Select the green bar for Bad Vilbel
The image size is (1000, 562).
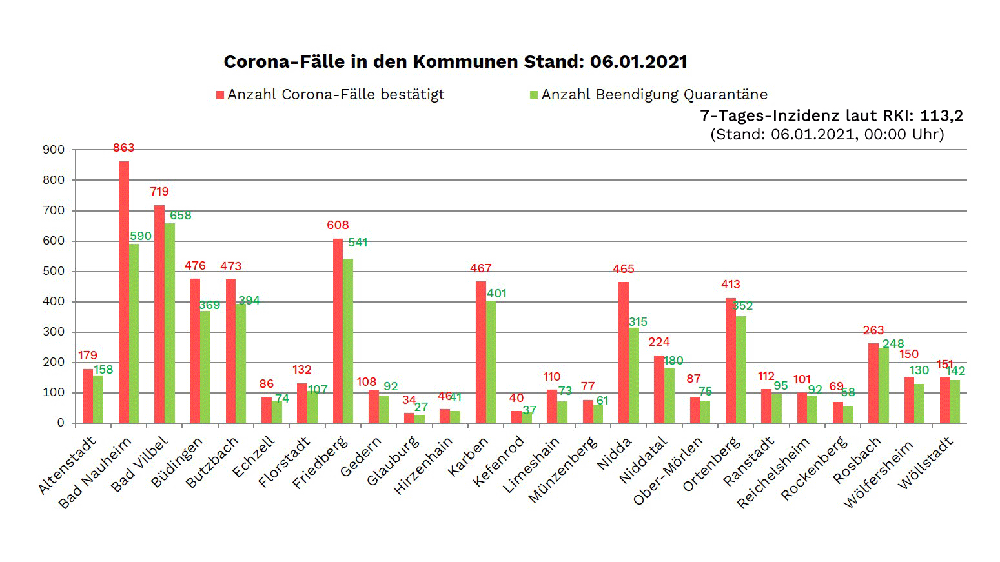pyautogui.click(x=170, y=323)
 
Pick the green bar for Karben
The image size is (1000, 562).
pyautogui.click(x=491, y=362)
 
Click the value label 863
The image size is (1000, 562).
pyautogui.click(x=123, y=148)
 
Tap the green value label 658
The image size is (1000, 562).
pyautogui.click(x=181, y=216)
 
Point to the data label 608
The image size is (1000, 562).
pyautogui.click(x=338, y=225)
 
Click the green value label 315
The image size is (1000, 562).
pyautogui.click(x=638, y=322)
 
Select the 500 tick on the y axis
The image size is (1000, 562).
pyautogui.click(x=54, y=271)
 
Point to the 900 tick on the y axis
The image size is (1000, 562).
pyautogui.click(x=54, y=150)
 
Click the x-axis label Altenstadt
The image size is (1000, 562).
pyautogui.click(x=67, y=465)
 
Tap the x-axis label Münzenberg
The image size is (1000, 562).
pyautogui.click(x=562, y=469)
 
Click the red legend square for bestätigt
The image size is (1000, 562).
pyautogui.click(x=220, y=95)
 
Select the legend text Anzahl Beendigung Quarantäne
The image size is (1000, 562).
pyautogui.click(x=654, y=95)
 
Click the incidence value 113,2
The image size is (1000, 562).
pyautogui.click(x=941, y=115)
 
